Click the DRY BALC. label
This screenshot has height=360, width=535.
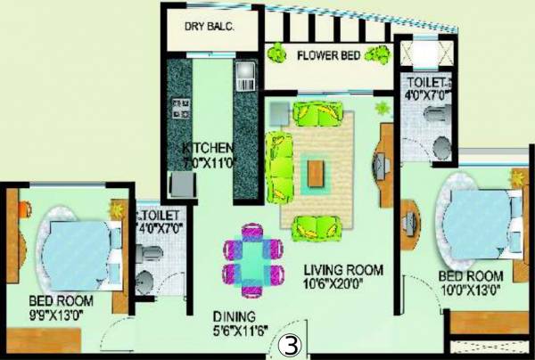click(x=210, y=26)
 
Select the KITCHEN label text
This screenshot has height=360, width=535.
click(x=207, y=147)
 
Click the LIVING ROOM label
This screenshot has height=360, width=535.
click(x=342, y=270)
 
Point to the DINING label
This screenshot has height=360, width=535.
click(x=235, y=316)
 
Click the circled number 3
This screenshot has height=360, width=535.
click(x=289, y=344)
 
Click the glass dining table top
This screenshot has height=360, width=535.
click(x=254, y=258)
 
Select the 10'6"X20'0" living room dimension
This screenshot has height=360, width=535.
click(x=342, y=285)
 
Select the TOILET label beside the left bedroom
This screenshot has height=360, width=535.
click(x=160, y=216)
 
